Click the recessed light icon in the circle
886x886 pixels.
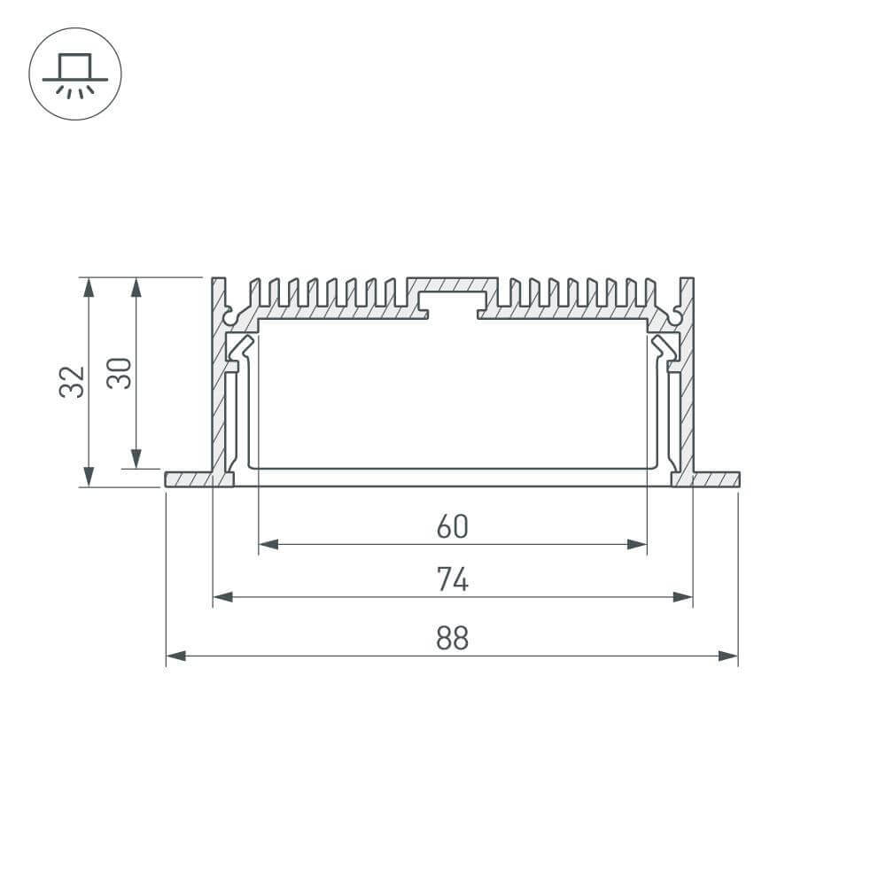tap(74, 74)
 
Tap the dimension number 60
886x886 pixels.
tap(452, 527)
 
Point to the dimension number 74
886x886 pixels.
tap(452, 580)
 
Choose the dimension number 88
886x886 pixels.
tap(452, 638)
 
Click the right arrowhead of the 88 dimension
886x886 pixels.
tap(728, 656)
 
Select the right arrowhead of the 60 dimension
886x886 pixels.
tap(637, 544)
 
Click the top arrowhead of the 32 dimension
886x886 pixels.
tap(88, 286)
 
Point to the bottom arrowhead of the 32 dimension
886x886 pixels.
tap(88, 477)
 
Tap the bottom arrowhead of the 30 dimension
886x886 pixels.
tap(136, 458)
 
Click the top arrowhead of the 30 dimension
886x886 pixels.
tap(136, 286)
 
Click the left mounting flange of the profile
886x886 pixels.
tap(188, 479)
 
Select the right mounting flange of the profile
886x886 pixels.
tap(716, 479)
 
